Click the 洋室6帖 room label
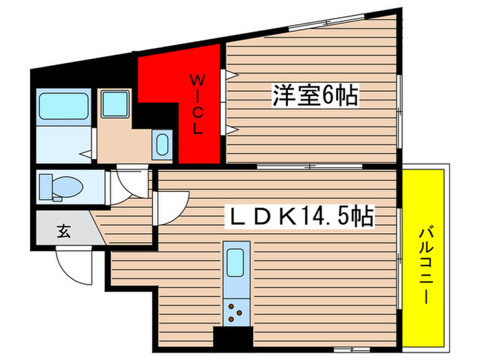(315, 96)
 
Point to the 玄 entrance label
(62, 231)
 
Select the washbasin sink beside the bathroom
(112, 105)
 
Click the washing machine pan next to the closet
(163, 145)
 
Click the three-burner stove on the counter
(236, 312)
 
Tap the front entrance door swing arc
(74, 267)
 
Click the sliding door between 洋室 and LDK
(309, 167)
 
